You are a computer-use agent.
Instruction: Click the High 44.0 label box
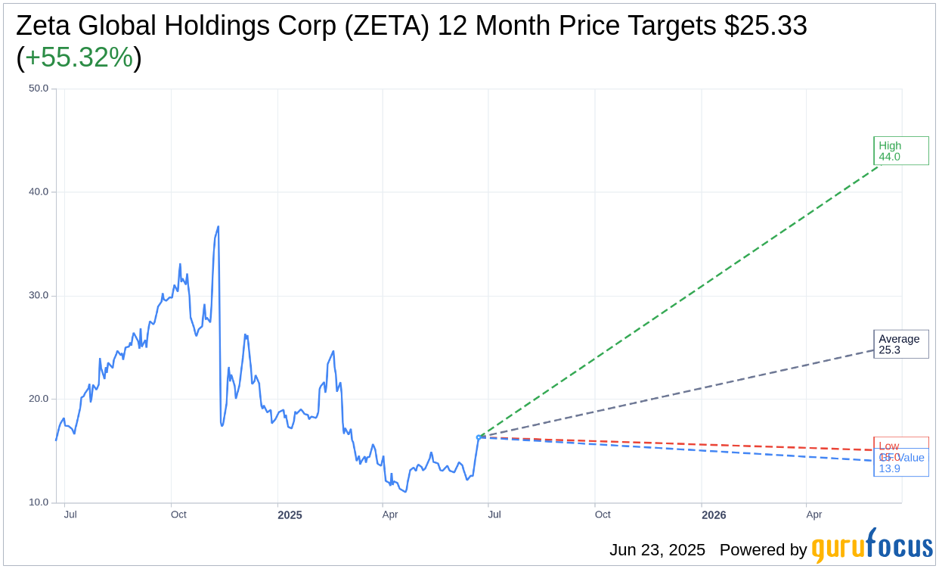[x=900, y=151]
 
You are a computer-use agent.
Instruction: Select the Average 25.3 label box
[x=900, y=344]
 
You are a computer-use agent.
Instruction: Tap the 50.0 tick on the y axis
[x=39, y=89]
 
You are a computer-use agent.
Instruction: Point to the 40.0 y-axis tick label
[x=39, y=192]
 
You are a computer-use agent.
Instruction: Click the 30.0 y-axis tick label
[x=39, y=296]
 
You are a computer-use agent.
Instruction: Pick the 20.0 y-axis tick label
[x=39, y=400]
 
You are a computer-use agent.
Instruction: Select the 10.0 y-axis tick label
[x=39, y=502]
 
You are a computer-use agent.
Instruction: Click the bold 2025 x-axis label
[x=290, y=515]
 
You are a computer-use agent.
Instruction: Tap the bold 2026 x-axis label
[x=714, y=515]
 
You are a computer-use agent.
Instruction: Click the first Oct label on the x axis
[x=178, y=515]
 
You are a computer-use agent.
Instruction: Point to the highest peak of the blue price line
[x=218, y=226]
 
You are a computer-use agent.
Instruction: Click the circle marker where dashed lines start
[x=479, y=437]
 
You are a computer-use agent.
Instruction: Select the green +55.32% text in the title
[x=79, y=58]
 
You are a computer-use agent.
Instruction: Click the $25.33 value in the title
[x=765, y=26]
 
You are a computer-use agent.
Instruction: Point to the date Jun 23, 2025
[x=657, y=550]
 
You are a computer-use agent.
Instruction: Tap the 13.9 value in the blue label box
[x=889, y=468]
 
